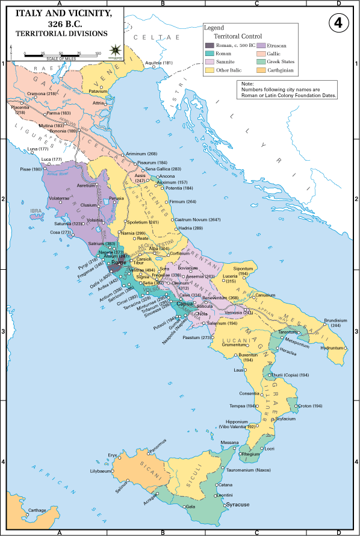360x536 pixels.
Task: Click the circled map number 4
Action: click(339, 23)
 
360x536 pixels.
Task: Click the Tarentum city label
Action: click(289, 332)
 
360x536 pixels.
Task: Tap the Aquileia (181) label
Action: click(159, 63)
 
